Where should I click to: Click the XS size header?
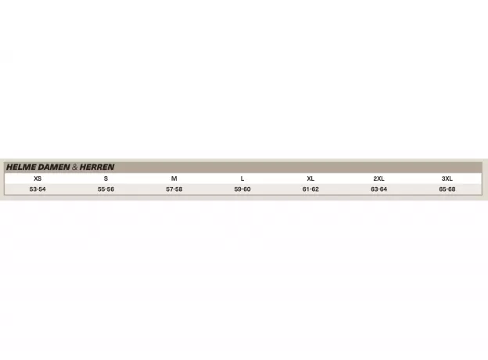38,178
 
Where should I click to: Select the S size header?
106,178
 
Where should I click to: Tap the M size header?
174,178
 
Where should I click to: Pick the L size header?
242,178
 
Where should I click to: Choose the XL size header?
310,178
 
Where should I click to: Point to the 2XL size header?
379,178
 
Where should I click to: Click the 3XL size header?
447,178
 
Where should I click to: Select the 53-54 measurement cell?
38,189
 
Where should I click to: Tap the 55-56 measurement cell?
106,189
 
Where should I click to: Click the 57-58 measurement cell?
174,189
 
